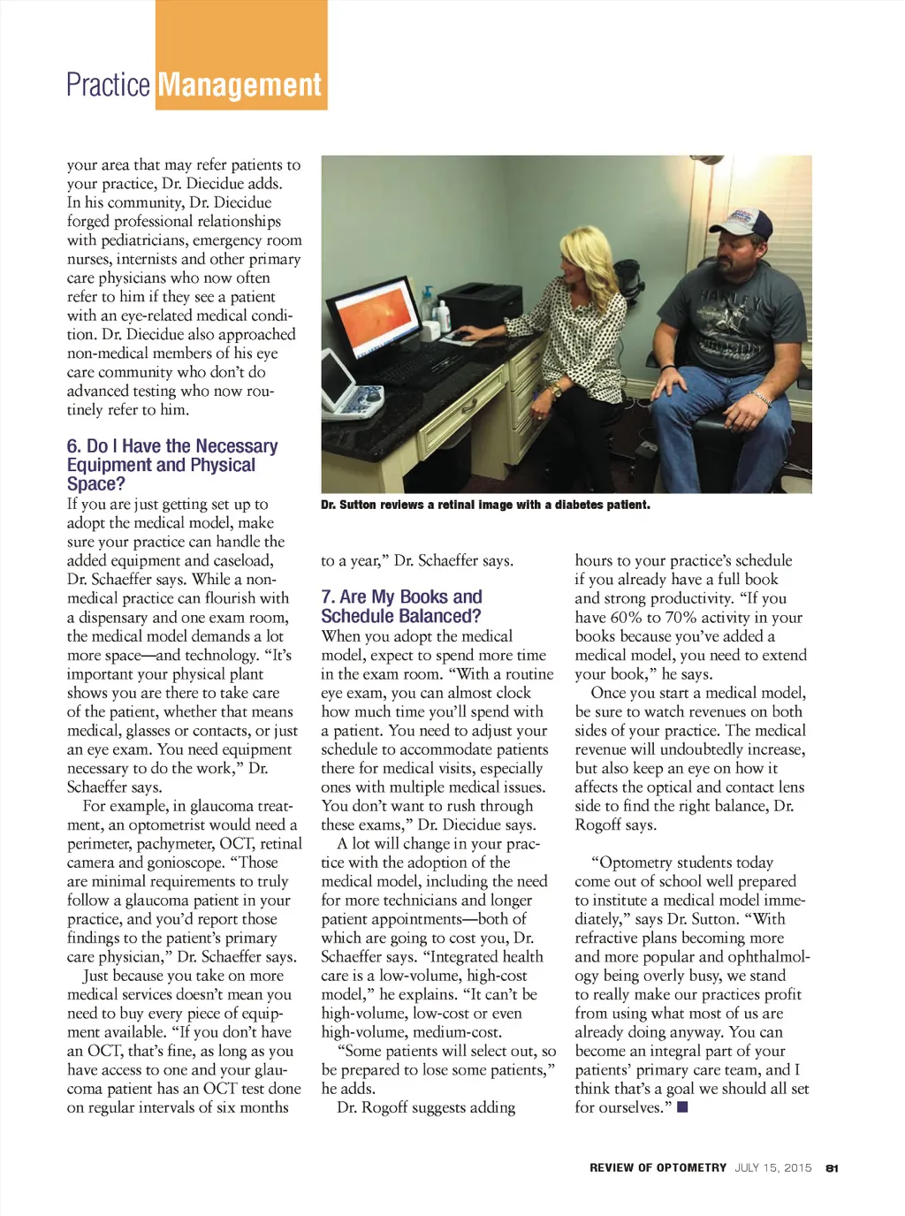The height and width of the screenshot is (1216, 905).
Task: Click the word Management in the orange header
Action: tap(240, 86)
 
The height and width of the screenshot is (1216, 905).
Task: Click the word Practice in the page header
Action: tap(108, 86)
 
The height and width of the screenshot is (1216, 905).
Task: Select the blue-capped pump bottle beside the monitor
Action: tap(440, 315)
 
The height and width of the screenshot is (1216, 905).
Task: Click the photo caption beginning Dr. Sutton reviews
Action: tap(485, 505)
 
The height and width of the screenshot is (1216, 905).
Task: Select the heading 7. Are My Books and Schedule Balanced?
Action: tap(401, 607)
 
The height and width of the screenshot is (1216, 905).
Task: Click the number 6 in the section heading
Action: tap(72, 446)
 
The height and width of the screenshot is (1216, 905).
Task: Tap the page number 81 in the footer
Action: tap(832, 1168)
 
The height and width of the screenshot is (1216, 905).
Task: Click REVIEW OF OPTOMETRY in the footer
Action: tap(658, 1168)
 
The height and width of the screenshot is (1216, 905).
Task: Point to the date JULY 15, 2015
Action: tap(772, 1168)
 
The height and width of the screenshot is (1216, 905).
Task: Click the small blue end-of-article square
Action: tap(682, 1107)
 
